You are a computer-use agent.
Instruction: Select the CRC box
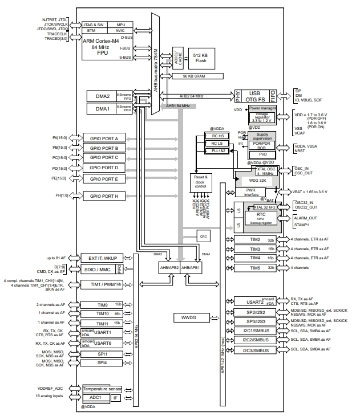point(203,235)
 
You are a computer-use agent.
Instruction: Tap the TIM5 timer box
point(256,267)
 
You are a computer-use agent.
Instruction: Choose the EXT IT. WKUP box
point(103,258)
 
